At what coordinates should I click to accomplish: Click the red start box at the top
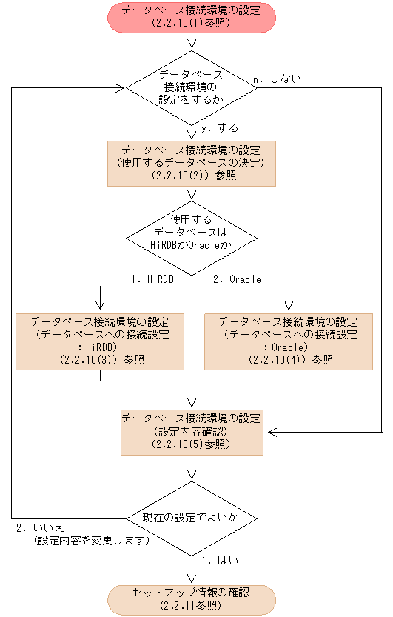(192, 17)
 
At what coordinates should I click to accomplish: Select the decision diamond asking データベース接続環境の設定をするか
(192, 87)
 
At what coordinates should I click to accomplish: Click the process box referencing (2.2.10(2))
(192, 163)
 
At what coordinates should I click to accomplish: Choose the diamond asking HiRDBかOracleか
(192, 236)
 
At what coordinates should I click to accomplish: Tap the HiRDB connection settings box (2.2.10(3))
(100, 341)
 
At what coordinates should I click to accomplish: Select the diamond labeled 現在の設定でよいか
(192, 517)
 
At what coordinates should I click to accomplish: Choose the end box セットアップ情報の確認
(192, 599)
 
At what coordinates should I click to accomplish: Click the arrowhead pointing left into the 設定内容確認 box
(272, 431)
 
